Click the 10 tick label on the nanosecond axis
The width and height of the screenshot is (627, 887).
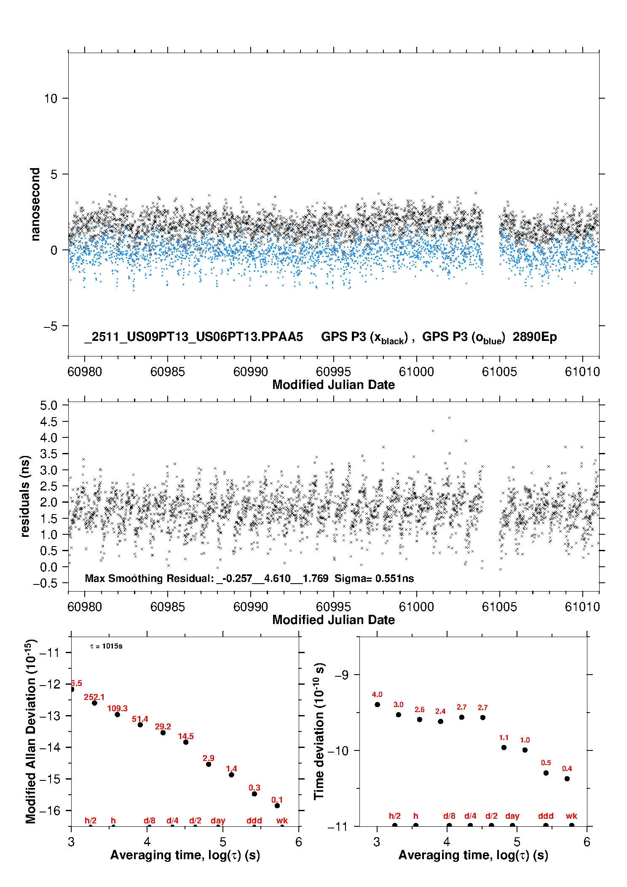[x=51, y=99]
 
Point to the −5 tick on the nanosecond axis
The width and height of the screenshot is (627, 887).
[x=51, y=326]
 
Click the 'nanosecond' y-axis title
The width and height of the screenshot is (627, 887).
[x=35, y=204]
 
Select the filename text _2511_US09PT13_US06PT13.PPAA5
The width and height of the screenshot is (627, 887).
[x=193, y=337]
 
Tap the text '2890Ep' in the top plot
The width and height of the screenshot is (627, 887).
[x=535, y=337]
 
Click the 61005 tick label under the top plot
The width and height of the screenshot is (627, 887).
[x=499, y=372]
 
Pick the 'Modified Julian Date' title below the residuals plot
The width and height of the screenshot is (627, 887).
[x=333, y=620]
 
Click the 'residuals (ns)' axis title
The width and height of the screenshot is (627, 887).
[x=25, y=496]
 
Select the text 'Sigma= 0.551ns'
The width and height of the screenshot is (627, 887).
[x=374, y=579]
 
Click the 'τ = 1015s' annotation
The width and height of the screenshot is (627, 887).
[x=106, y=646]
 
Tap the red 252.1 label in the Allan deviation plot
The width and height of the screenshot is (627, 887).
[x=94, y=697]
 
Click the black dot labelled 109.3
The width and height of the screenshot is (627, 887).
[x=118, y=715]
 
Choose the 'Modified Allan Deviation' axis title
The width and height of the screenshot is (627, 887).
[x=31, y=732]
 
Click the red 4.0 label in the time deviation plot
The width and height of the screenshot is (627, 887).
[x=377, y=695]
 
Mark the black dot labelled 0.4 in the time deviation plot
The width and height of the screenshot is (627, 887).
[x=567, y=779]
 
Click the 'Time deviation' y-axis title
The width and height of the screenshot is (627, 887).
[x=319, y=731]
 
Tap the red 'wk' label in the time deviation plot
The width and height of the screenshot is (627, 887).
[x=571, y=816]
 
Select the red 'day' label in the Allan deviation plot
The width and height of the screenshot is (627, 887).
[x=218, y=821]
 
